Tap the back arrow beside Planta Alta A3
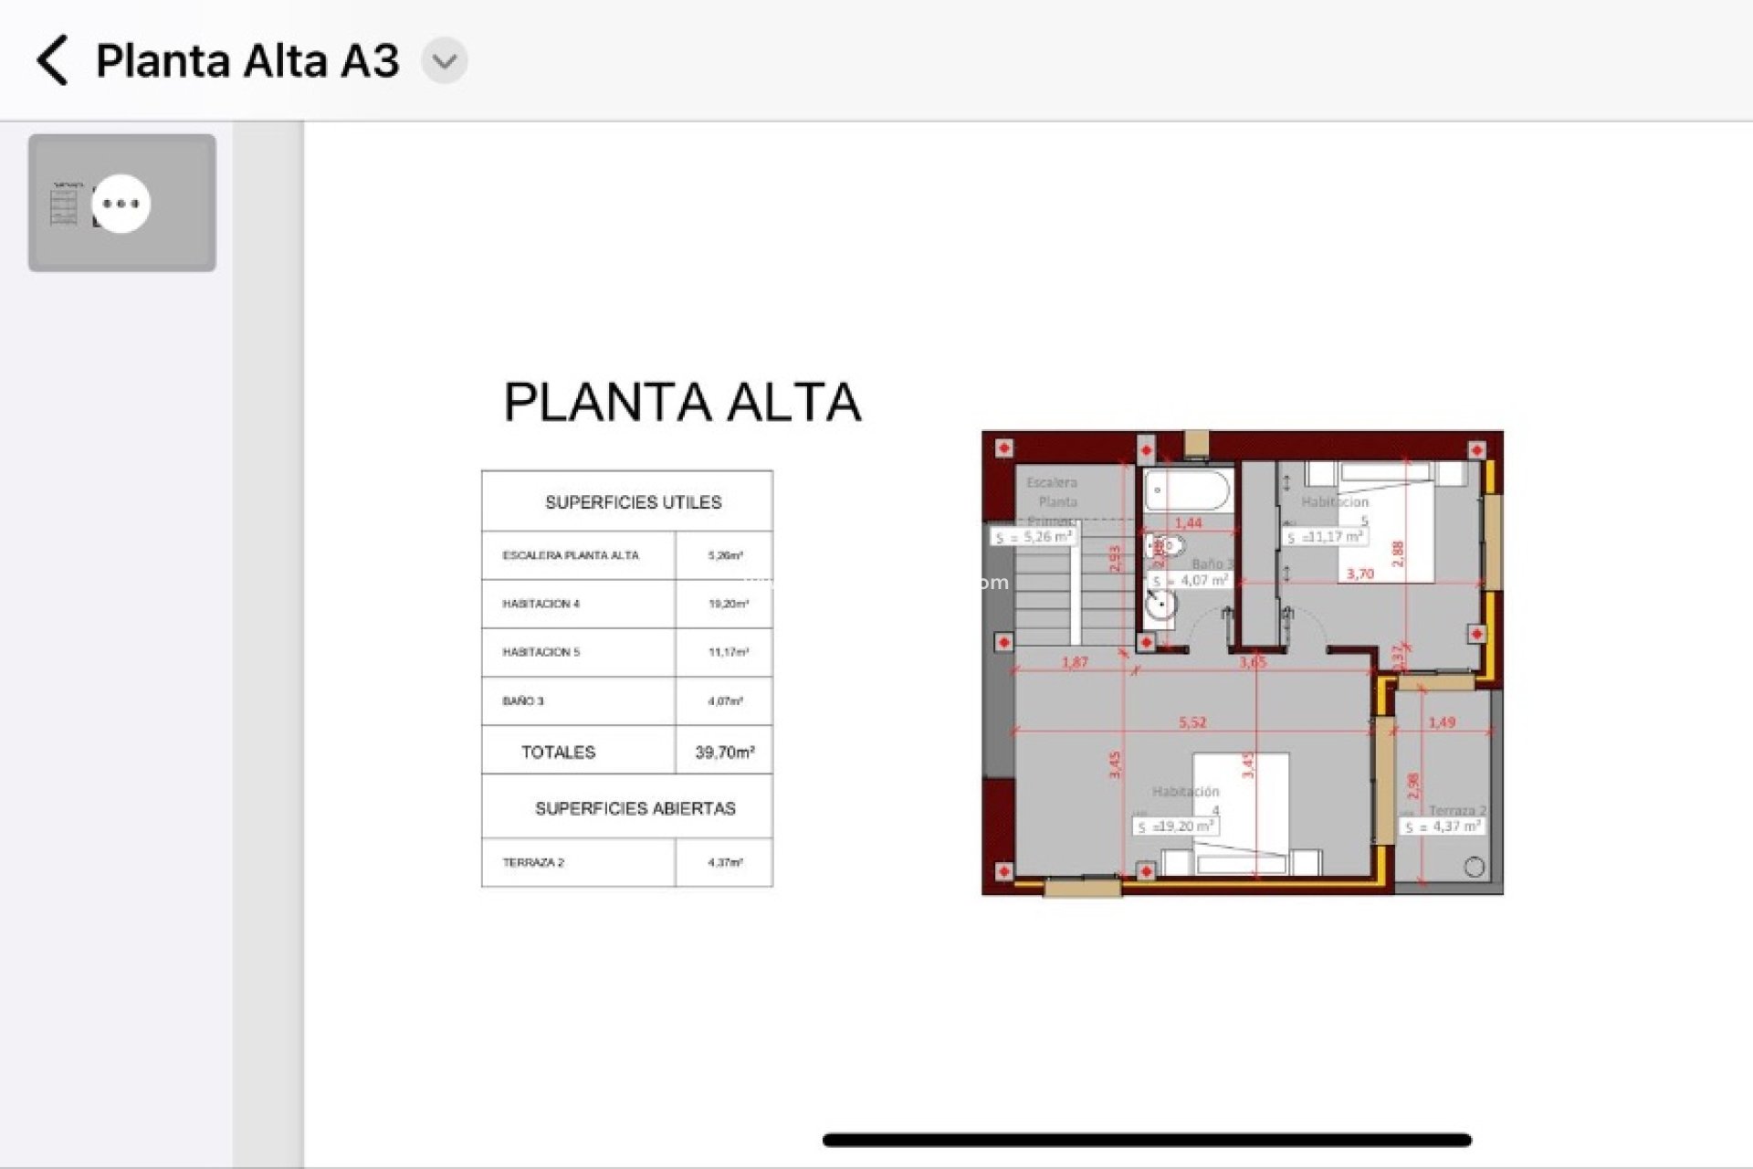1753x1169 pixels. [x=53, y=61]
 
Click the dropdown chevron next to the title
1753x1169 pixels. [x=445, y=61]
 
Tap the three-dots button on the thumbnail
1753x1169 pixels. [x=121, y=203]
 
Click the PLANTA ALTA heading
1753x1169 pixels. [x=682, y=402]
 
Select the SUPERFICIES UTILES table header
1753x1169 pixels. [x=633, y=502]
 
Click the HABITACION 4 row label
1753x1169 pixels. [x=541, y=604]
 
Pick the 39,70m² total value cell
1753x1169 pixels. [x=724, y=753]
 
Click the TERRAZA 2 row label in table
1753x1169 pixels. [x=533, y=862]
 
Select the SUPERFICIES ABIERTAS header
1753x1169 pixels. [x=635, y=808]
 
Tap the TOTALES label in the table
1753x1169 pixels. [x=558, y=753]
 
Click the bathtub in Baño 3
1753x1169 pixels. [x=1187, y=491]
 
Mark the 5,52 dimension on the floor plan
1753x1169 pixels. [x=1192, y=722]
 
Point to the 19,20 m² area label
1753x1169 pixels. [x=1177, y=827]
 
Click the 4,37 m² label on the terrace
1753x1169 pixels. [x=1444, y=827]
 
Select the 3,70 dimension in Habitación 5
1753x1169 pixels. [x=1359, y=574]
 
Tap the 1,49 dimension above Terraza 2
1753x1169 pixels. [x=1442, y=722]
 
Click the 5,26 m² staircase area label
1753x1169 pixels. [x=1034, y=537]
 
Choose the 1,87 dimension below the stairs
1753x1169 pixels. [x=1075, y=662]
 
